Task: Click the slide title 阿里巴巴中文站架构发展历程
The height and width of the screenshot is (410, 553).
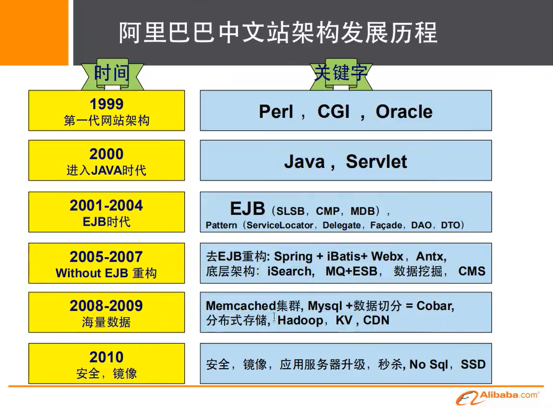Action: [x=278, y=33]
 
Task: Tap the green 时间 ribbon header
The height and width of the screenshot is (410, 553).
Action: [x=112, y=74]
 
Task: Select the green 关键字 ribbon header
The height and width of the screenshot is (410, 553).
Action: [x=340, y=74]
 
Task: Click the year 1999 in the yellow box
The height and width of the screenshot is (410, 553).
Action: [x=107, y=104]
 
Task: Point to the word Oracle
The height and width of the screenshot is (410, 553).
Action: [x=404, y=112]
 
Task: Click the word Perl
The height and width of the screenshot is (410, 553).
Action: [x=276, y=112]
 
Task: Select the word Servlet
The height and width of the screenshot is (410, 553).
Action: [x=376, y=162]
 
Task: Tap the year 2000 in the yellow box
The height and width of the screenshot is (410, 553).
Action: [x=107, y=154]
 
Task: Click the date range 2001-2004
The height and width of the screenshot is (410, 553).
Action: [x=106, y=205]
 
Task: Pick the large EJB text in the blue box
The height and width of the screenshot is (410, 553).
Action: [x=248, y=209]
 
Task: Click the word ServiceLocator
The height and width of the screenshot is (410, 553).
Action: [x=280, y=225]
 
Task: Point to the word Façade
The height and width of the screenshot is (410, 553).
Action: [x=386, y=225]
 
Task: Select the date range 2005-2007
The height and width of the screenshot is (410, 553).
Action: [x=106, y=256]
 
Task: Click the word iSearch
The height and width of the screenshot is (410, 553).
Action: [x=290, y=271]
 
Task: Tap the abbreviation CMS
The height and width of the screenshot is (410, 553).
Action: [x=472, y=271]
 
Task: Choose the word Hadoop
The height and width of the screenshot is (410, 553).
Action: [x=300, y=320]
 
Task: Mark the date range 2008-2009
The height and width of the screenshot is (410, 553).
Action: [x=106, y=305]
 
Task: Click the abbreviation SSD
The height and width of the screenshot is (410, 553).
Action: [x=473, y=364]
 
